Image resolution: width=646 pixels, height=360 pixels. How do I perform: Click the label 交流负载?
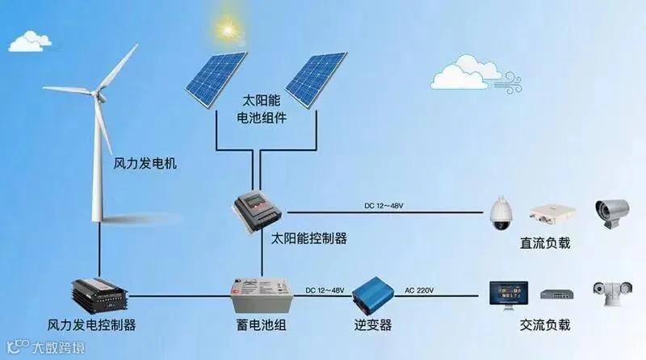pos(546,326)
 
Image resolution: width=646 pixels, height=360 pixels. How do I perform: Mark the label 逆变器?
pos(372,326)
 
